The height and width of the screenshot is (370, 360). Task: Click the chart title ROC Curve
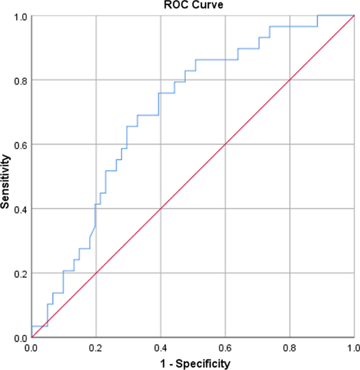click(192, 5)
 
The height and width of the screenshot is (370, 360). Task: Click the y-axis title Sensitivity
click(6, 181)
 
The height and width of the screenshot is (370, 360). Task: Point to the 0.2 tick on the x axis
click(96, 347)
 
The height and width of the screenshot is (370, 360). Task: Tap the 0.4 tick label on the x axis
click(160, 347)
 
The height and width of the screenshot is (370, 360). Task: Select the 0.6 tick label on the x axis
click(225, 347)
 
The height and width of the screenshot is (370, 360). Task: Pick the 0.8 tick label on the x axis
click(290, 347)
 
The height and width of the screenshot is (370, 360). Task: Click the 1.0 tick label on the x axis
click(353, 347)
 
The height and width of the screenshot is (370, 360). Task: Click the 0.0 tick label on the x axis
click(32, 347)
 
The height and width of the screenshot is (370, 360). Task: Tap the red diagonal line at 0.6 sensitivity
click(225, 145)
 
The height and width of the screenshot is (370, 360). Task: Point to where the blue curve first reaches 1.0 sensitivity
click(317, 16)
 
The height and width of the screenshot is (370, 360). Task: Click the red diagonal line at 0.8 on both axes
click(290, 80)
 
